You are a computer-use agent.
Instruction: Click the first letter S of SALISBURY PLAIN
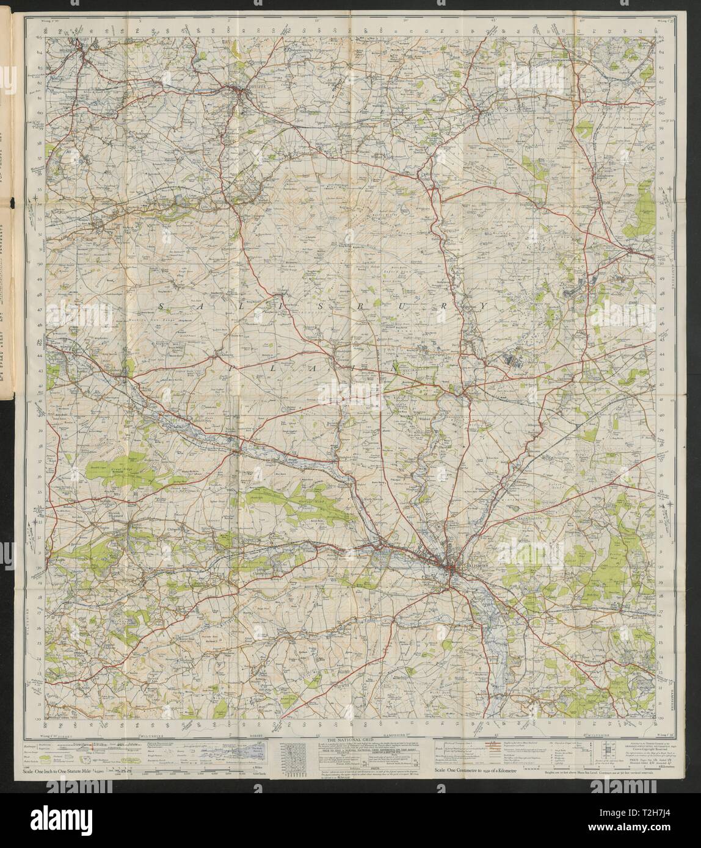click(162, 304)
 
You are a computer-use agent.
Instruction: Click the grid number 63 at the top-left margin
click(38, 38)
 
